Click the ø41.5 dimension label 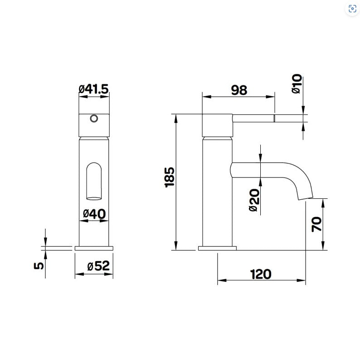(93, 89)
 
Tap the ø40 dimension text (94, 214)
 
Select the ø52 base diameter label (98, 266)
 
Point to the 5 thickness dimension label (39, 266)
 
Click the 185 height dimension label (170, 177)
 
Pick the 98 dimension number (239, 90)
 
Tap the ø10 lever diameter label (297, 84)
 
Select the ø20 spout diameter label (254, 200)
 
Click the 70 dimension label (316, 224)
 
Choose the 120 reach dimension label (261, 274)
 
